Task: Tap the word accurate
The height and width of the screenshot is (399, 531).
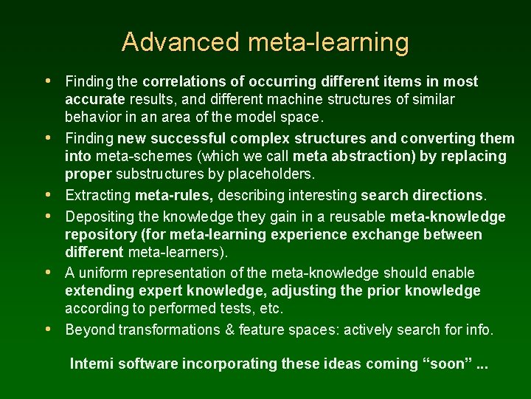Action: pyautogui.click(x=95, y=99)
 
